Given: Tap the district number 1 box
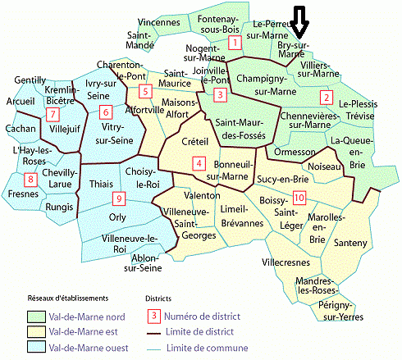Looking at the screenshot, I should (235, 43).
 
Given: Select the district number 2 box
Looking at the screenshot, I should (326, 98).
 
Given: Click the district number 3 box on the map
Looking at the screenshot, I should (219, 95).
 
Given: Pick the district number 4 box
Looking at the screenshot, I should (199, 164).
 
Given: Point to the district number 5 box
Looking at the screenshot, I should (144, 91).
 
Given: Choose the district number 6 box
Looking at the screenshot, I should (104, 112).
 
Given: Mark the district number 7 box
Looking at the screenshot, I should (53, 114).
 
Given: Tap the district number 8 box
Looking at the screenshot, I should (31, 180).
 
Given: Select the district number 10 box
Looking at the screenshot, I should (299, 198).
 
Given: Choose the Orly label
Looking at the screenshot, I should (118, 217).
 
